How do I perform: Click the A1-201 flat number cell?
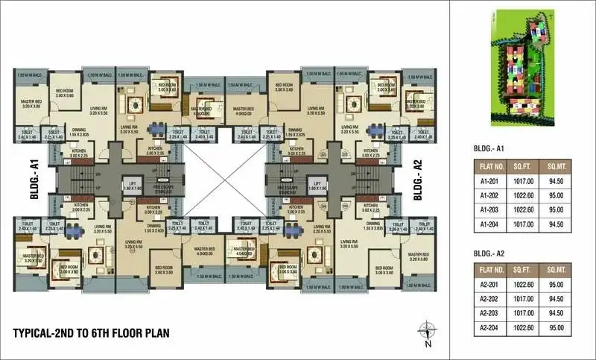click(x=489, y=180)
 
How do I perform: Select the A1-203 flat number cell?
click(x=489, y=211)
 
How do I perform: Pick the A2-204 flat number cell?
click(x=489, y=327)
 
